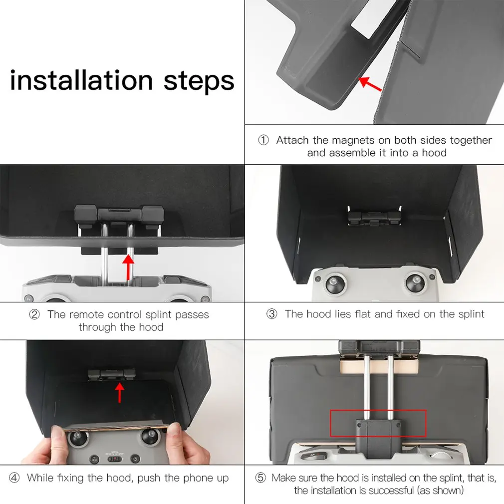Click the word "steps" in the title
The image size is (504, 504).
(x=199, y=82)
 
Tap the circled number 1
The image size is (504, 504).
(x=263, y=140)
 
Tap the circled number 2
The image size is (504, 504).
(x=34, y=314)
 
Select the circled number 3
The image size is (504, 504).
(x=272, y=314)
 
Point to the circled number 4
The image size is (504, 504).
(x=14, y=478)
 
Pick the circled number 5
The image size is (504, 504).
(x=260, y=478)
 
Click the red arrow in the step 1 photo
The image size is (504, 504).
(x=370, y=84)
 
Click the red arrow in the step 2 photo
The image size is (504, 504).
(x=128, y=267)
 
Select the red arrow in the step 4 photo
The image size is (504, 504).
(x=120, y=393)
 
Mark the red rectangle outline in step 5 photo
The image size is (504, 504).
(x=378, y=410)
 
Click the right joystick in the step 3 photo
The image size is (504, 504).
(x=415, y=283)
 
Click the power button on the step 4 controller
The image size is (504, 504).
(x=135, y=459)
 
